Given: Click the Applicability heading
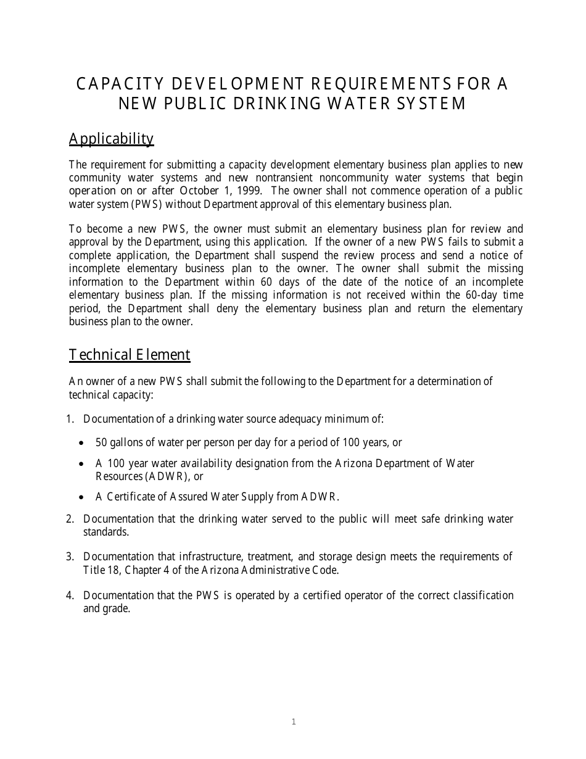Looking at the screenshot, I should [111, 139].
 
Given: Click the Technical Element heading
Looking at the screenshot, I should [130, 355].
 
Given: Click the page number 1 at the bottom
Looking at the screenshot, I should [294, 721].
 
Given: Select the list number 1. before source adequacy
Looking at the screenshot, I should [70, 419].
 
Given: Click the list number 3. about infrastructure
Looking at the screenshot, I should [70, 557].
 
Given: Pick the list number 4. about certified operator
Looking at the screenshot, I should [70, 595].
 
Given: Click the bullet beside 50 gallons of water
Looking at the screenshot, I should [83, 443].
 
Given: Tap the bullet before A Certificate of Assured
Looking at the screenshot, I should [83, 497].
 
